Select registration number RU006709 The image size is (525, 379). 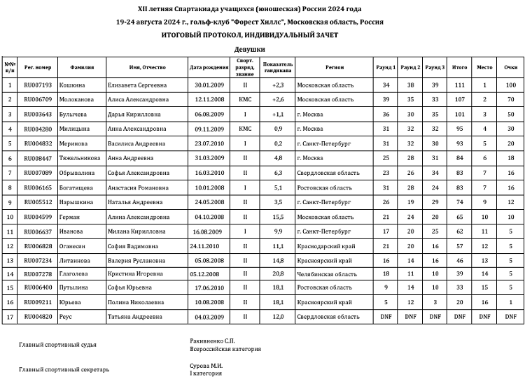coord(38,99)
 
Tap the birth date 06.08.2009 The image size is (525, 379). coord(209,114)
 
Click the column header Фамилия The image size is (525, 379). coord(83,67)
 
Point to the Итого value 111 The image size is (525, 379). coord(459,85)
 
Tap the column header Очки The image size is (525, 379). coord(510,67)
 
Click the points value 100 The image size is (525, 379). coord(510,85)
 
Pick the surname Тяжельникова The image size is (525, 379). coord(83,158)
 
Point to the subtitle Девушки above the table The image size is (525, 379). coord(250,50)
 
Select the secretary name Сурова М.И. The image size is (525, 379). coord(206,365)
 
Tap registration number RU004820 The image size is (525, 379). coord(38,317)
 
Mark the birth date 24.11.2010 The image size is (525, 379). coord(204,245)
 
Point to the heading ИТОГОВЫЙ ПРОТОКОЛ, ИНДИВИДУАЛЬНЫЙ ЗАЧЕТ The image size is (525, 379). coord(250,34)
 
